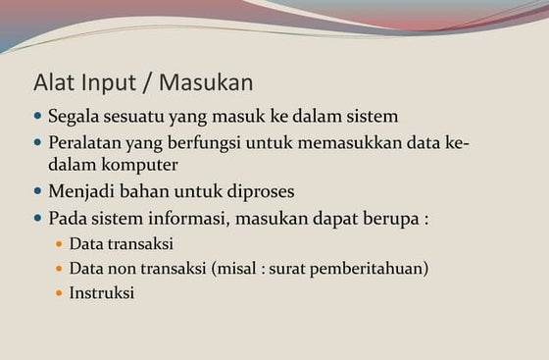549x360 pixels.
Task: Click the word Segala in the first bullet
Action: coord(75,116)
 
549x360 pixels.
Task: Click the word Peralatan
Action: coord(90,143)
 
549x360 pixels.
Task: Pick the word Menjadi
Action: coord(83,191)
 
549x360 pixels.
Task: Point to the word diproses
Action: coord(257,191)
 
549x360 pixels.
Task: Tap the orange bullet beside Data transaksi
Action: coord(59,243)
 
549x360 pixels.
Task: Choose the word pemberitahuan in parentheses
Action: coord(374,268)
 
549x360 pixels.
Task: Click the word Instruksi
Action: coord(101,292)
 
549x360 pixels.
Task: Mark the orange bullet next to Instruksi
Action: coord(59,292)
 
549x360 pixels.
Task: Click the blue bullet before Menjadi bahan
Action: coord(38,191)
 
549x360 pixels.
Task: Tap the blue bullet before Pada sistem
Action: coord(38,218)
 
